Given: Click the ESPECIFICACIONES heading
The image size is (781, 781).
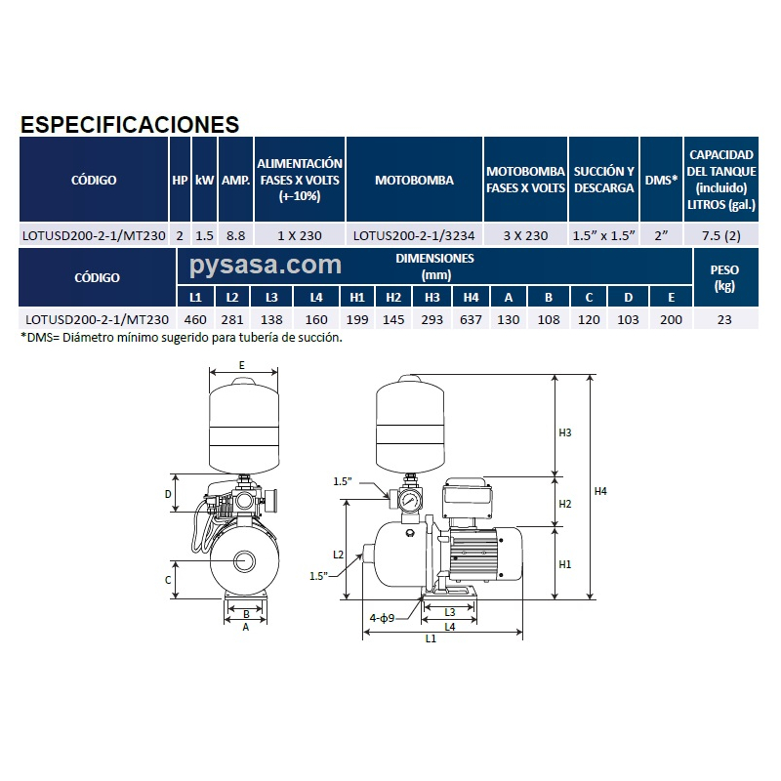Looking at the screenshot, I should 130,125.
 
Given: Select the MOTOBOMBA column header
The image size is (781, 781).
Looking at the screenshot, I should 414,181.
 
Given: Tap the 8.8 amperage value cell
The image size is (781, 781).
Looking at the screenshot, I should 235,235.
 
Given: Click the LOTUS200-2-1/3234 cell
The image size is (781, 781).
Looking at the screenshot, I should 414,235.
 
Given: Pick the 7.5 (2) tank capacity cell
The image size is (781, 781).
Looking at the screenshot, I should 721,235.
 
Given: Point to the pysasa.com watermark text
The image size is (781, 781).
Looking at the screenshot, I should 266,265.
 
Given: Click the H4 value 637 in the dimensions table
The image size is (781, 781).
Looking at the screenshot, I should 472,319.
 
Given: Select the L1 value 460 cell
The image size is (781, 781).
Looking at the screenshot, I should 195,319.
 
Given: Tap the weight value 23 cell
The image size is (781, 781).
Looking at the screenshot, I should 723,319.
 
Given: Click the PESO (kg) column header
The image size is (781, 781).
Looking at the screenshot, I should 723,277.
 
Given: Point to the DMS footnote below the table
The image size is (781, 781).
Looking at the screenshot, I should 182,338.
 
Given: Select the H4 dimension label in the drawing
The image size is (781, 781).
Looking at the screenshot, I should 600,491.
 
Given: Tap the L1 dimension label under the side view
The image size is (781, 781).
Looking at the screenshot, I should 431,638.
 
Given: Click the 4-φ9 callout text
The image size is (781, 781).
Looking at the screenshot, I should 382,618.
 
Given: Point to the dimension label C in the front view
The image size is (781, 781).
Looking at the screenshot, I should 168,580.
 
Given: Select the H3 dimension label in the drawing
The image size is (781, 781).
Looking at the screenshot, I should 564,432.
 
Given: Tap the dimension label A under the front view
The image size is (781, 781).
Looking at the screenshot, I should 246,628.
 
